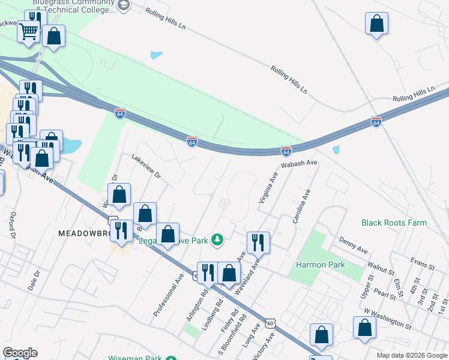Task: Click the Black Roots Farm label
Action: point(394,223)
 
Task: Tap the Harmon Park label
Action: point(319,265)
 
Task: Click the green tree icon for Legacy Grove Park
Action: point(217,241)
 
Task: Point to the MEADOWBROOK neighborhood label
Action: point(84,232)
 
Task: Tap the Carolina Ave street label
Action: point(301,207)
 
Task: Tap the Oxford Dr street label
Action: point(12,224)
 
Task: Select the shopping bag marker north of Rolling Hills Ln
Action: point(376,24)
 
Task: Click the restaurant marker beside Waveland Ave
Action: point(258,242)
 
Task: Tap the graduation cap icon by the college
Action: point(124,6)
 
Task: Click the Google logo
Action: point(20,353)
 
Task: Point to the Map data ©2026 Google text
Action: point(412,355)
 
